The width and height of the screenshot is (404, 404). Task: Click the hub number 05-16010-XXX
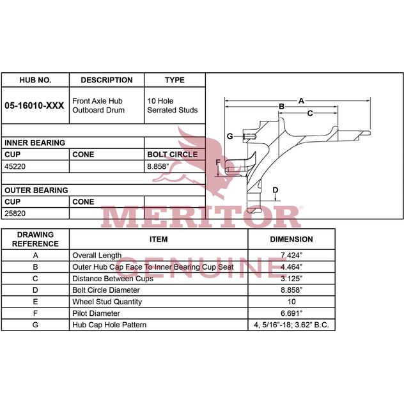(35, 105)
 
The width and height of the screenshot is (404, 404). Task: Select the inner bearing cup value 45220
(15, 166)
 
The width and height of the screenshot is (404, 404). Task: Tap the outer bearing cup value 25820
(15, 214)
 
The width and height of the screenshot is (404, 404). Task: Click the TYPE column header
(175, 80)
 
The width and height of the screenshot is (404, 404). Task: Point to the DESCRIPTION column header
(107, 80)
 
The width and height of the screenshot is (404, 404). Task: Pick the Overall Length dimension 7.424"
(291, 255)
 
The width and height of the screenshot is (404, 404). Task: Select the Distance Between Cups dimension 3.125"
(291, 279)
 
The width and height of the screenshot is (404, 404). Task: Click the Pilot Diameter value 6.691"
(291, 313)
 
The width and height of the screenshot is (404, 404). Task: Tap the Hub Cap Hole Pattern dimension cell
(291, 325)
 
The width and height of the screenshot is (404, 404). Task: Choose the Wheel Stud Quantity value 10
(291, 302)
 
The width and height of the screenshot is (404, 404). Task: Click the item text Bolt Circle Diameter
(106, 290)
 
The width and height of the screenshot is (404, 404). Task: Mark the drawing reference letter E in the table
(35, 302)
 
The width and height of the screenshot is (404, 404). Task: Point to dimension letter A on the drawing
(301, 101)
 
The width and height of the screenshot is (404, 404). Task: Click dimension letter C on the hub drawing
(310, 113)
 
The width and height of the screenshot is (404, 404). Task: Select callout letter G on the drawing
(230, 136)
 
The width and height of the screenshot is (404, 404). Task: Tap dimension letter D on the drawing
(276, 190)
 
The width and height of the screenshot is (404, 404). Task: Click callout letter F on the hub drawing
(218, 162)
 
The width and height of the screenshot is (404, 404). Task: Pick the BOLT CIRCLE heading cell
(173, 154)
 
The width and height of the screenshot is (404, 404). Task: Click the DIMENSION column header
(291, 239)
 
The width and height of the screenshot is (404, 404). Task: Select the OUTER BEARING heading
(36, 190)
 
